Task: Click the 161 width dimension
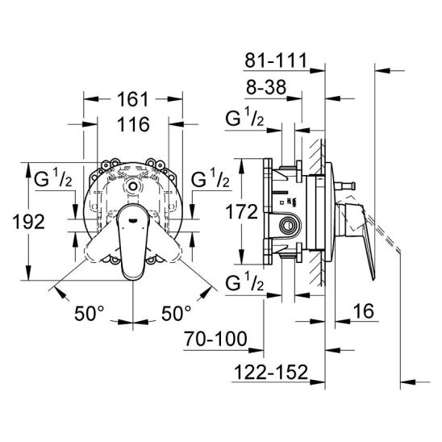tap(132, 99)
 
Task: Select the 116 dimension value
tap(133, 124)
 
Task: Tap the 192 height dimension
tap(29, 222)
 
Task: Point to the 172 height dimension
tap(242, 211)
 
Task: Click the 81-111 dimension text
tap(275, 60)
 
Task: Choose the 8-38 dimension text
tap(266, 87)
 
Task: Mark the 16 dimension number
tap(364, 311)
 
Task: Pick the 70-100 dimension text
tap(215, 339)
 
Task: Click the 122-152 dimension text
tap(271, 372)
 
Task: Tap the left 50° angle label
tap(90, 313)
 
